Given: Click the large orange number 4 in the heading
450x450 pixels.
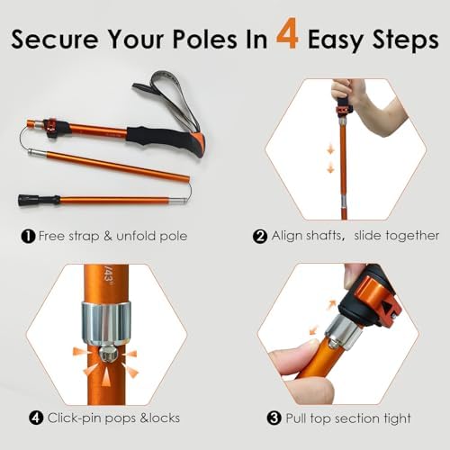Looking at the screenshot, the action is [287, 33].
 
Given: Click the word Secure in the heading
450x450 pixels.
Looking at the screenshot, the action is [55, 39].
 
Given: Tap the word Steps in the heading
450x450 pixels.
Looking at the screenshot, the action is [405, 40].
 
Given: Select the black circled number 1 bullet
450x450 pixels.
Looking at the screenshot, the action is [28, 237].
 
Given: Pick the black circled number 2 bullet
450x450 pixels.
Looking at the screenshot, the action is [260, 236].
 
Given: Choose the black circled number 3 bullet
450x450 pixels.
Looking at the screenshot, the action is [274, 418].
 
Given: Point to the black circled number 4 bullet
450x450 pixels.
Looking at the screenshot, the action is [36, 418].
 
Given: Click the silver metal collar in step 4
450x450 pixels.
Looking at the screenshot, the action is [106, 323].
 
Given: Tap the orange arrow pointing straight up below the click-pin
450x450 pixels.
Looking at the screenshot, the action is [106, 377].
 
